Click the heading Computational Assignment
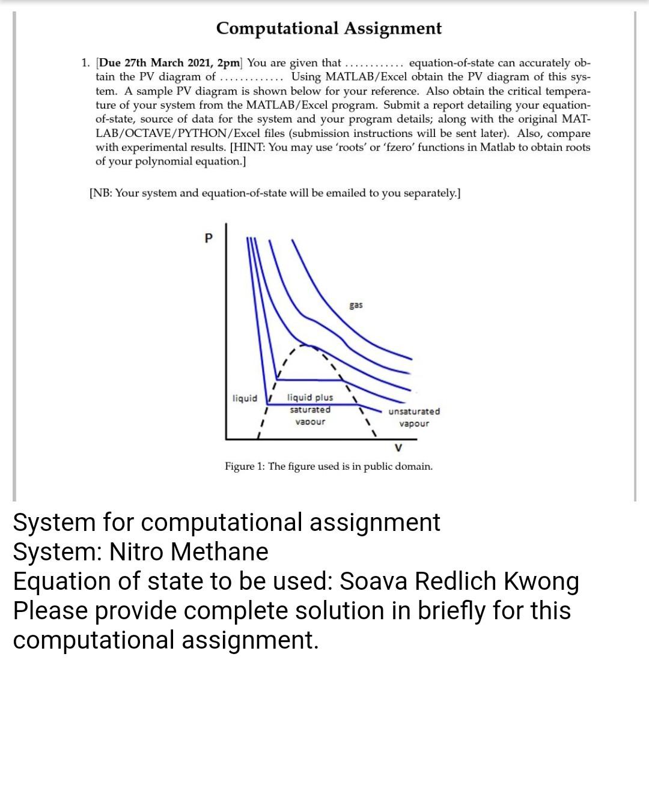click(x=329, y=28)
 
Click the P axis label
click(x=208, y=238)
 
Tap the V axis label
click(x=398, y=447)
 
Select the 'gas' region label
click(x=356, y=305)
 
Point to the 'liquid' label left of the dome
click(x=245, y=398)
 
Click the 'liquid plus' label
click(x=310, y=398)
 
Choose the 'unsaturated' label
click(x=414, y=411)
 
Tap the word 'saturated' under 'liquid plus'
click(x=310, y=410)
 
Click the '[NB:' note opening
click(x=100, y=193)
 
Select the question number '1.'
click(x=86, y=63)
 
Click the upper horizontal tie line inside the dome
click(x=309, y=380)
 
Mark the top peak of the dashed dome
click(x=307, y=345)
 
